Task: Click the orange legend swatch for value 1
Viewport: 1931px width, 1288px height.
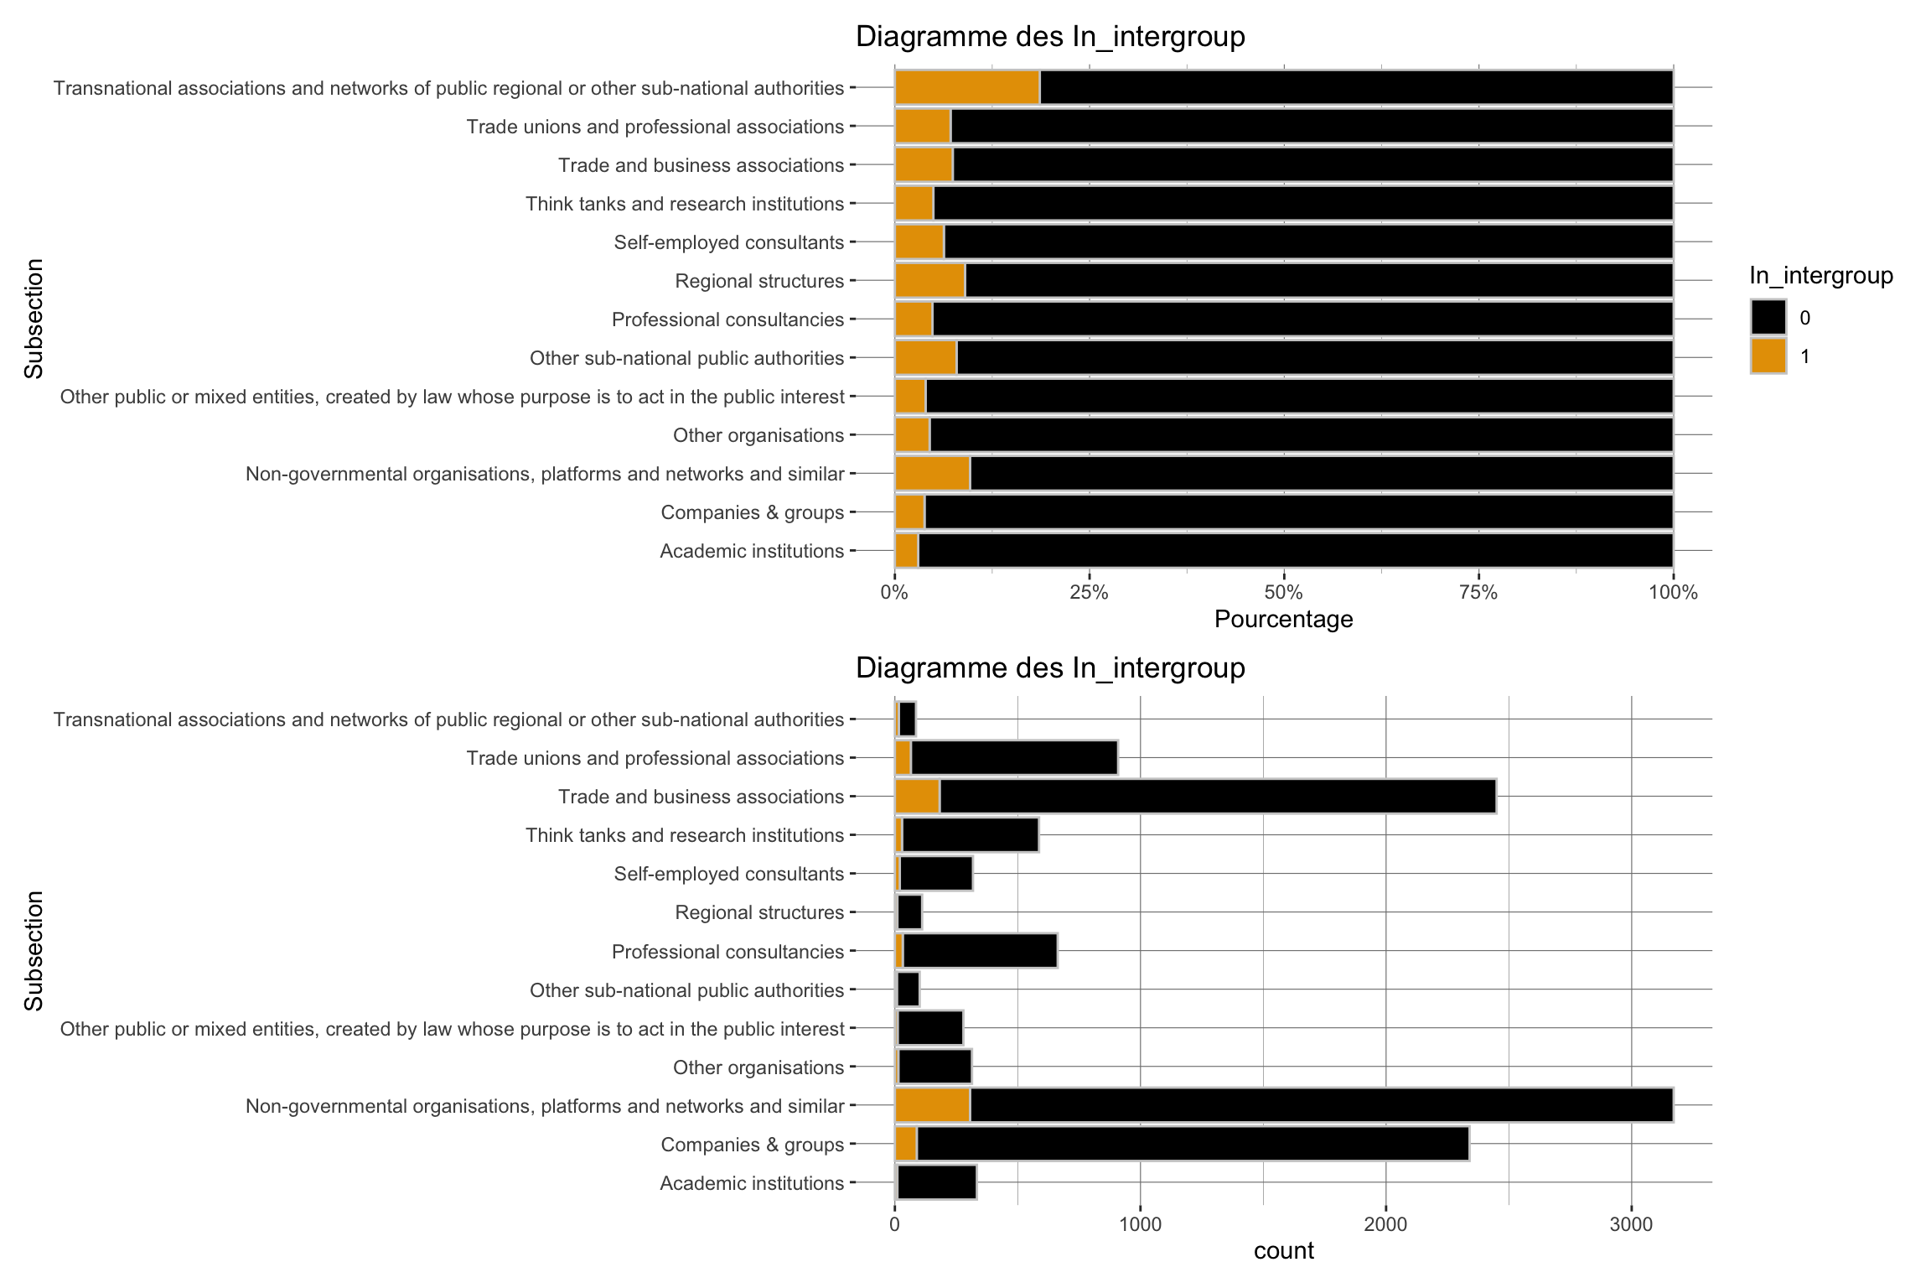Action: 1768,356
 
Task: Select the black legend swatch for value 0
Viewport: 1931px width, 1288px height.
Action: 1768,318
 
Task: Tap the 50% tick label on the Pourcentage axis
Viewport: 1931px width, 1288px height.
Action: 1283,593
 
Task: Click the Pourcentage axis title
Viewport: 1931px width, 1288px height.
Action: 1283,620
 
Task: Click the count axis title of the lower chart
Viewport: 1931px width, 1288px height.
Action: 1283,1251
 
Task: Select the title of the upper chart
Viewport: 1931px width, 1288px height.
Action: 1049,37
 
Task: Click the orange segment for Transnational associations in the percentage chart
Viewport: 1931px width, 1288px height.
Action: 967,88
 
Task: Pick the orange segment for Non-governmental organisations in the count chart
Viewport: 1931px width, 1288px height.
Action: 932,1106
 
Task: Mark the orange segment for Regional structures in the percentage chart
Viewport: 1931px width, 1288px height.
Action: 929,281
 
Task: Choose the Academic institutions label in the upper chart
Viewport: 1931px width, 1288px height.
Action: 751,552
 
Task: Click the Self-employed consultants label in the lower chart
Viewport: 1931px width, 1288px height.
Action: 728,875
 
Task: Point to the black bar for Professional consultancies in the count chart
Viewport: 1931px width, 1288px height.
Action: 979,952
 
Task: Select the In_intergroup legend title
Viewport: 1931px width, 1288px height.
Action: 1820,276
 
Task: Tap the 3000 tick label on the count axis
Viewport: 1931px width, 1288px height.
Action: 1631,1224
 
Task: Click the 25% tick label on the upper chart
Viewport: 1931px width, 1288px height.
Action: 1089,593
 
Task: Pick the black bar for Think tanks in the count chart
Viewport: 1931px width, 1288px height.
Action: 970,835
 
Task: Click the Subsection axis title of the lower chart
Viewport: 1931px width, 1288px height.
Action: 34,951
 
